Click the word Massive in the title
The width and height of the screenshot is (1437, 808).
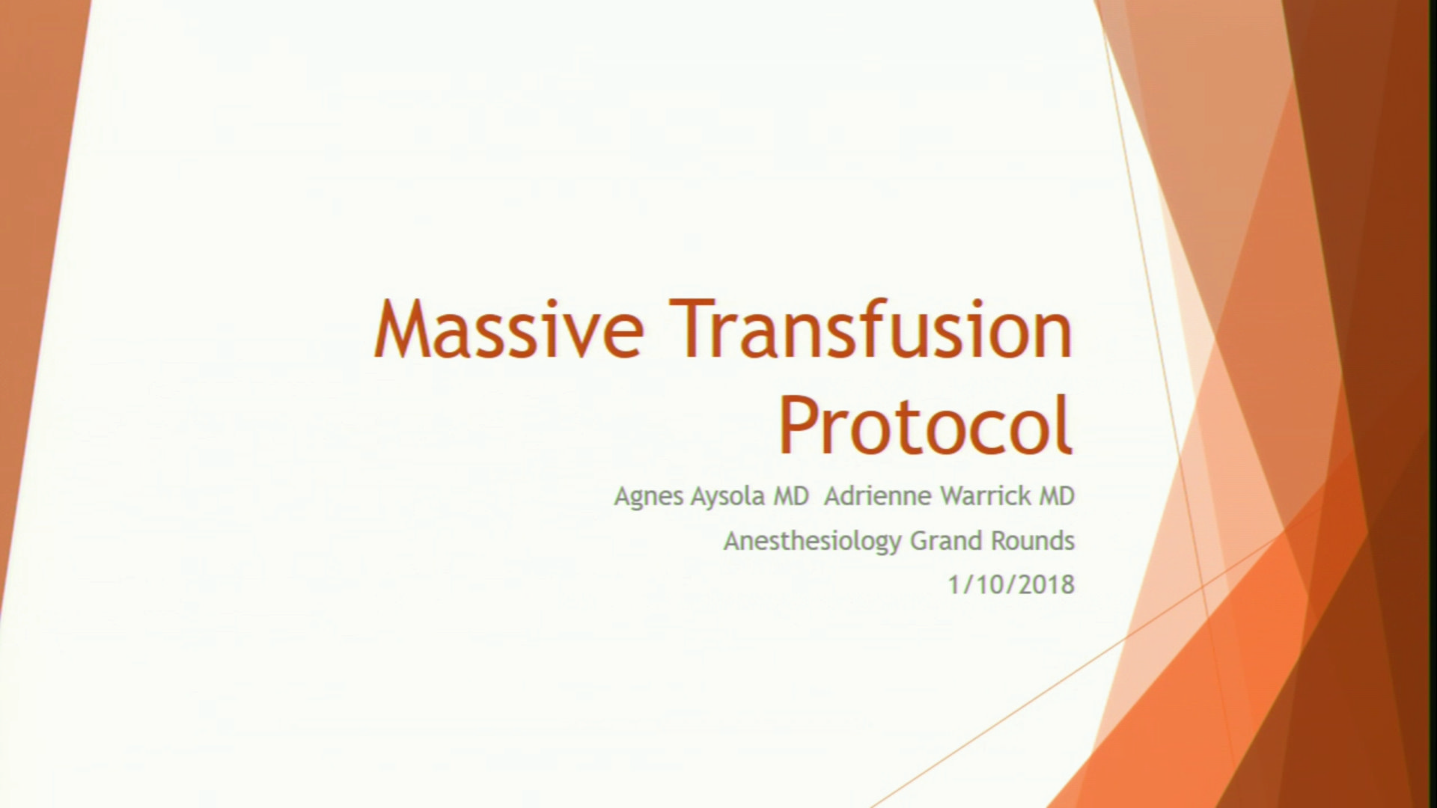510,328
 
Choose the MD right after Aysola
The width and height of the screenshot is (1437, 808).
790,496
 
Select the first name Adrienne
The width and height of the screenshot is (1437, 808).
873,496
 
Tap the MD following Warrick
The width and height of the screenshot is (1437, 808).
1056,496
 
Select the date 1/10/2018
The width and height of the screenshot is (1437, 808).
1011,584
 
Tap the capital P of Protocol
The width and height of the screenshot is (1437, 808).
798,426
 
